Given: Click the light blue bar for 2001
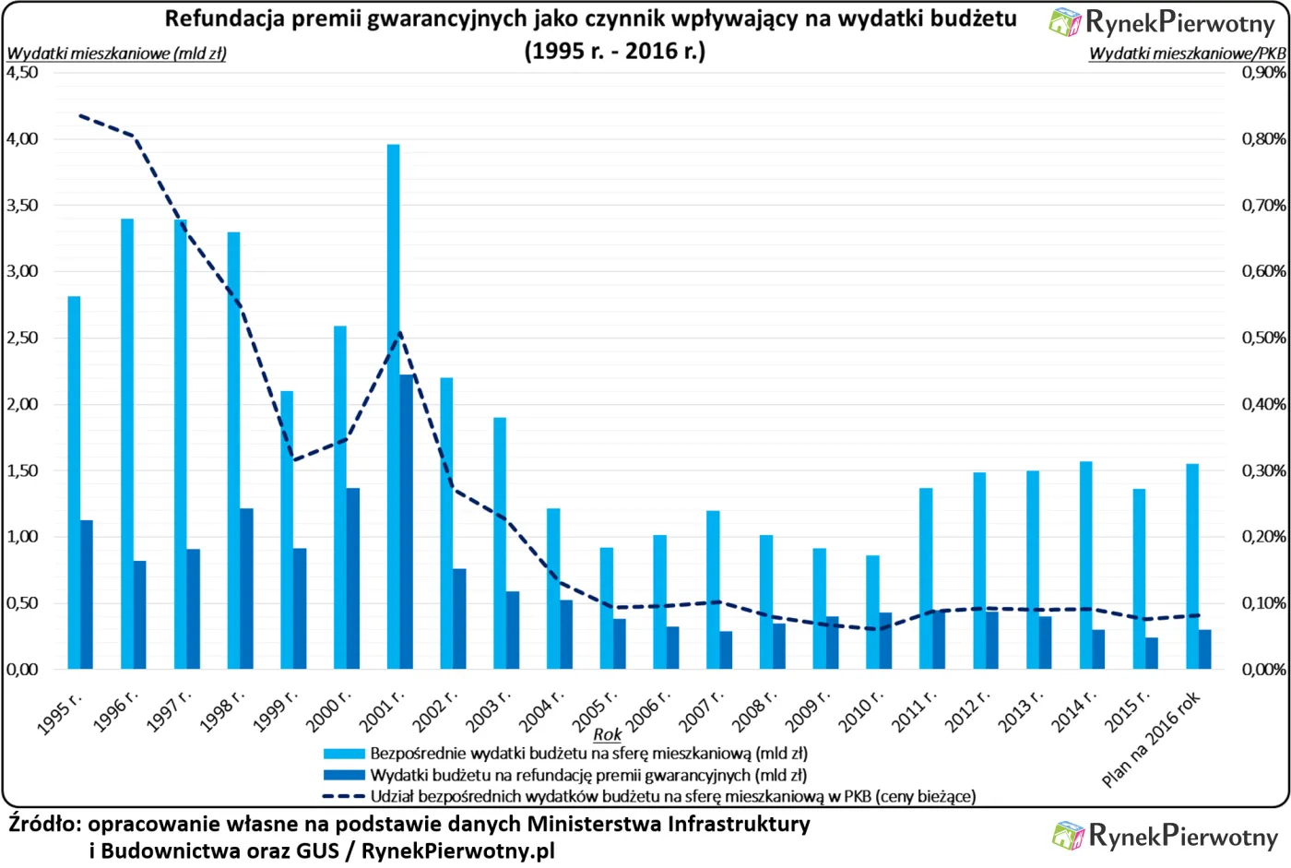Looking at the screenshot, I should click(394, 406).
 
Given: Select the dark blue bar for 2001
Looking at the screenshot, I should click(407, 521).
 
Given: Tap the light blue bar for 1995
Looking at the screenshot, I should click(74, 482).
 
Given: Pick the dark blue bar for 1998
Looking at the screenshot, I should click(246, 589).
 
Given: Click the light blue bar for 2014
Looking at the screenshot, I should click(1085, 565).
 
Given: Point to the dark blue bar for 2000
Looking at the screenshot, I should click(353, 578).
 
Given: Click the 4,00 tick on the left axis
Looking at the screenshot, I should click(22, 139).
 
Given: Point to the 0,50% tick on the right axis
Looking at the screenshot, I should click(1263, 338).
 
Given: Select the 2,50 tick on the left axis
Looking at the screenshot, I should click(22, 338).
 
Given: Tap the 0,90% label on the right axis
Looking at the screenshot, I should click(1263, 72).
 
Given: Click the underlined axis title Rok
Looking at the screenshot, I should click(607, 735).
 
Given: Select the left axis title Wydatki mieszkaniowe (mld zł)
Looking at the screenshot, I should click(116, 54).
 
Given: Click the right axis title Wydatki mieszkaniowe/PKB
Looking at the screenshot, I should click(1187, 54).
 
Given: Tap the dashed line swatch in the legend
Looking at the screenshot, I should click(343, 796).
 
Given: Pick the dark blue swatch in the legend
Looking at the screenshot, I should click(343, 775).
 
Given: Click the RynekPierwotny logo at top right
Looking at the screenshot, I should click(1163, 22).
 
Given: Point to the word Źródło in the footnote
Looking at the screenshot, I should click(43, 824).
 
